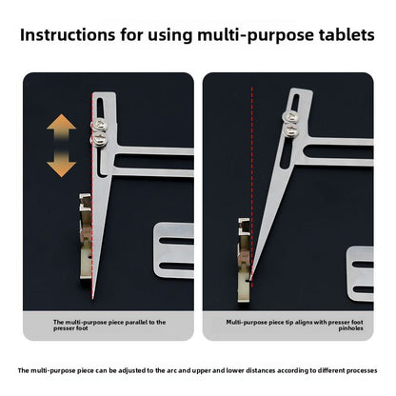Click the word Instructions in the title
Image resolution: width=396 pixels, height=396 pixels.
click(68, 34)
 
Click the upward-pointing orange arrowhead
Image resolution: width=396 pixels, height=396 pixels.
click(61, 122)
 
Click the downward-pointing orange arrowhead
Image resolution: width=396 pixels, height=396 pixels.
click(61, 169)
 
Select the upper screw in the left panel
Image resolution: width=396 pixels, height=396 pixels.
click(100, 125)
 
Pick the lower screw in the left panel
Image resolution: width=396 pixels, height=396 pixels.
click(100, 139)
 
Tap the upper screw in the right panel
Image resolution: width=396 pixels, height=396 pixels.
click(290, 116)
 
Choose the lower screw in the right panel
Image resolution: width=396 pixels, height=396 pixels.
click(291, 129)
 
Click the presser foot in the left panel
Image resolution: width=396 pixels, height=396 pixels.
click(86, 237)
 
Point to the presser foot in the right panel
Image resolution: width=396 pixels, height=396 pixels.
click(245, 260)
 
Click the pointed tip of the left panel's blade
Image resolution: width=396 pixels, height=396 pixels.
click(93, 299)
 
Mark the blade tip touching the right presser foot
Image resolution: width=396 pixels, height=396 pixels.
click(250, 280)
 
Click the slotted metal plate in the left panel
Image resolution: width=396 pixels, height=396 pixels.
click(174, 250)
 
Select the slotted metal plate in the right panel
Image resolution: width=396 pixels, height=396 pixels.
click(360, 273)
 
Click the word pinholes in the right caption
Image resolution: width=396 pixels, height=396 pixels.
click(350, 328)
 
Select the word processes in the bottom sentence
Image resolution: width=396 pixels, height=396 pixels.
click(362, 370)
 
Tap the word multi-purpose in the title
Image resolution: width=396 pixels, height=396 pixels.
click(256, 35)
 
